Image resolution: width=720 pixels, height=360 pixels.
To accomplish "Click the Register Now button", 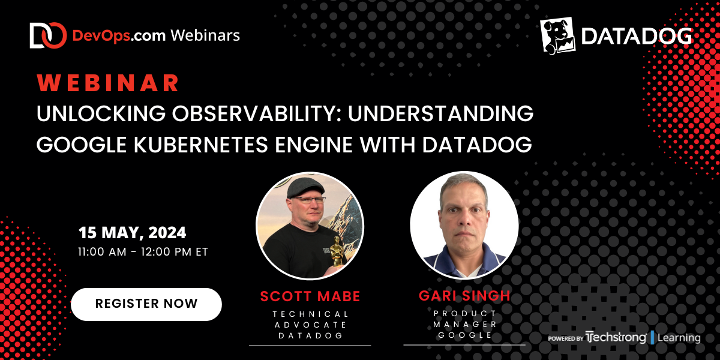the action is point(146,304).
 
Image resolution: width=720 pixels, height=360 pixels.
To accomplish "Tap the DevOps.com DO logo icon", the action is point(48,35).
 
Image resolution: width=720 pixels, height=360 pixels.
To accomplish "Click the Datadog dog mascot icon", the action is point(557,35).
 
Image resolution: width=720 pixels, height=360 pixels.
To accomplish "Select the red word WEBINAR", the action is point(107,83).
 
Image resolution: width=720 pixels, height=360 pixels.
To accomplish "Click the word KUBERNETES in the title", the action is point(201,145).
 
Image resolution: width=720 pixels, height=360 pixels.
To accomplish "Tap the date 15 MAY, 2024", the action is point(132,232).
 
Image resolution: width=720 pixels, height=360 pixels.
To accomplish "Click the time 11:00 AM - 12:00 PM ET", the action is point(143,251).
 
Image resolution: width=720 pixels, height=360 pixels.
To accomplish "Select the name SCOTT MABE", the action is point(310,296).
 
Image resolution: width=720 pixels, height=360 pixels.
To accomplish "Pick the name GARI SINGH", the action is point(464,296).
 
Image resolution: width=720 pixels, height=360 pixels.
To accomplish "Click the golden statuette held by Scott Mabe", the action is point(336,251).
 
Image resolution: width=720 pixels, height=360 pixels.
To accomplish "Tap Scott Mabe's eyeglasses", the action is point(309,200).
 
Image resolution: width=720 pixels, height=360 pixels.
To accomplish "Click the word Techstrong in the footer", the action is point(616,337).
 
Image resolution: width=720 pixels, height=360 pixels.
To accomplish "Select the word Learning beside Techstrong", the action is point(679,338).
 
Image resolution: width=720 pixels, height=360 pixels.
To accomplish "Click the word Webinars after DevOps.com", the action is point(205,35).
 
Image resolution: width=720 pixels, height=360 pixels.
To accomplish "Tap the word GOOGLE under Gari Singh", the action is point(465,335).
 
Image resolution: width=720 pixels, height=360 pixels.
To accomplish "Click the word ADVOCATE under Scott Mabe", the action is point(311,325).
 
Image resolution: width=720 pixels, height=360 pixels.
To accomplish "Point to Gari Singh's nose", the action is point(463,217).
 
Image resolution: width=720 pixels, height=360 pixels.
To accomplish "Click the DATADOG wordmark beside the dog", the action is point(637,36).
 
